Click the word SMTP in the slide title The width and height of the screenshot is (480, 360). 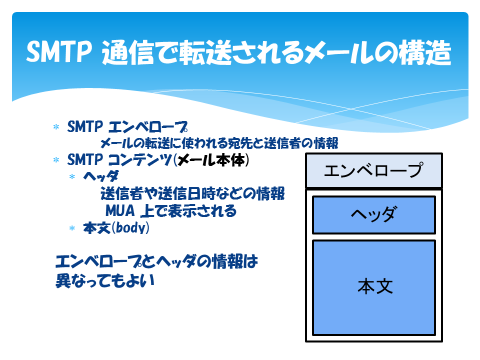tap(59, 52)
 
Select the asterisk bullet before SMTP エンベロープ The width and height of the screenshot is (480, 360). tap(56, 126)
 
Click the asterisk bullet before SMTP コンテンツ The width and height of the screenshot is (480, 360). tap(56, 160)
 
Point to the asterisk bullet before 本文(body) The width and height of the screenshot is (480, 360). tap(72, 228)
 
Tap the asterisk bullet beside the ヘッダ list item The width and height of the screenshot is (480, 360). tap(72, 176)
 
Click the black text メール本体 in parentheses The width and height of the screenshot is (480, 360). tap(211, 160)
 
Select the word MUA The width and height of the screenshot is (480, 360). tap(120, 210)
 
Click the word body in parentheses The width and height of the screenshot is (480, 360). tap(131, 228)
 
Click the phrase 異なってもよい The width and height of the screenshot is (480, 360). tap(105, 280)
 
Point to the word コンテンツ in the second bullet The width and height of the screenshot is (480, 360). tap(140, 160)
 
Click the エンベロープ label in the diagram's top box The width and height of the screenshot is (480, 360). tap(374, 170)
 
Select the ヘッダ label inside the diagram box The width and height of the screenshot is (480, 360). tap(374, 214)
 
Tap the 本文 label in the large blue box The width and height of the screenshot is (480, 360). tap(375, 286)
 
